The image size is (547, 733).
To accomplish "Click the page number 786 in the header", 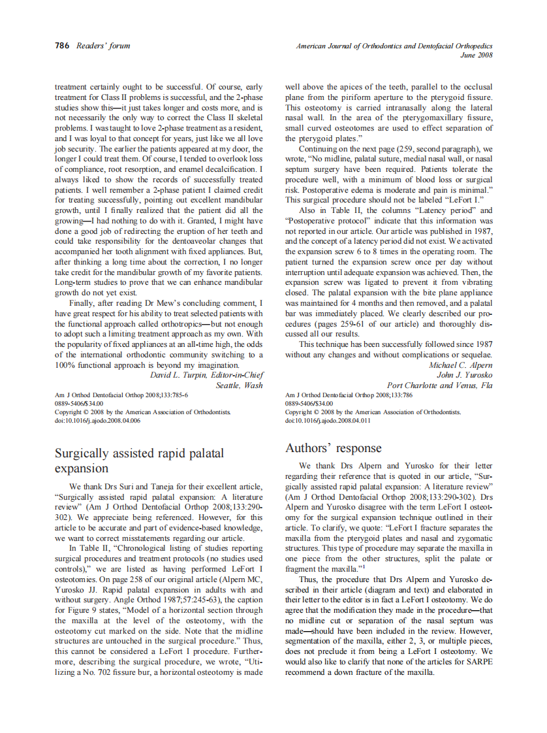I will pos(62,46).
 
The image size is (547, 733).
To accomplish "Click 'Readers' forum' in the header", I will pos(103,46).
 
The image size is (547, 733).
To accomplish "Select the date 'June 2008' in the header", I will pos(476,56).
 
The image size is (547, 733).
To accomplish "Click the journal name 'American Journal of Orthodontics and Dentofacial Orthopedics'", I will pos(394,46).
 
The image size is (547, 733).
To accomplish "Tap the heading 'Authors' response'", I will pos(333,448).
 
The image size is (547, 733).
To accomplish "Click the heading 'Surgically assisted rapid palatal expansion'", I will pos(139,461).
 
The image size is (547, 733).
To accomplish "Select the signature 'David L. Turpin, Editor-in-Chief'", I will pos(206,375).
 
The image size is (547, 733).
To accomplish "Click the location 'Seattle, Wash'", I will pos(239,385).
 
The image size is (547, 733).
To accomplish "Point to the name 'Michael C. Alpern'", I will pos(460,365).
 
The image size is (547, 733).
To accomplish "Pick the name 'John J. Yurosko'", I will pos(465,375).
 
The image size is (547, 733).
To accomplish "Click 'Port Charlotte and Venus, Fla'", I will pos(439,385).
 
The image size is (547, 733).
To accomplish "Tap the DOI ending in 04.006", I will pos(98,421).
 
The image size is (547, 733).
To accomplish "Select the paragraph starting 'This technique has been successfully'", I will pos(388,350).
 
